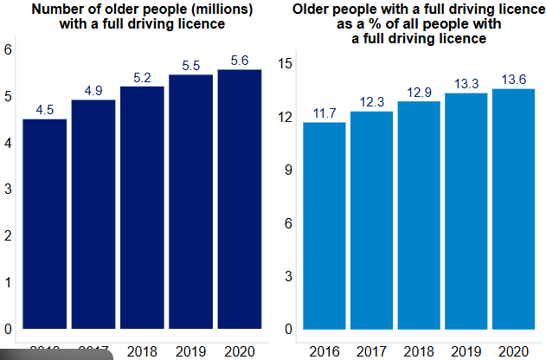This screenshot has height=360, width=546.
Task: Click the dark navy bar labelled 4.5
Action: (x=44, y=223)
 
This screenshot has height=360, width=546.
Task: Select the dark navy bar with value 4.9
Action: (x=93, y=214)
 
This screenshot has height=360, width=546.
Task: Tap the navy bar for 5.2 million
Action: (x=142, y=207)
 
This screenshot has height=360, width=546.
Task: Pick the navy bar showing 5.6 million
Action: (x=240, y=198)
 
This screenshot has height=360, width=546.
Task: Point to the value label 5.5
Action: (x=191, y=65)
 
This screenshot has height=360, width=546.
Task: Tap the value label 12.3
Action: (x=372, y=101)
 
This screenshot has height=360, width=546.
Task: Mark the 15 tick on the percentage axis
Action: (x=287, y=63)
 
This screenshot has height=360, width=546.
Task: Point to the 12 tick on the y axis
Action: (x=287, y=117)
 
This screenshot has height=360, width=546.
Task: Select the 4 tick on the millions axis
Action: (x=8, y=143)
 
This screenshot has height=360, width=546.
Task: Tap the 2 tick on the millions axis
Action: (x=8, y=236)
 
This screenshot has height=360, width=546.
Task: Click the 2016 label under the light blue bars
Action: (x=324, y=350)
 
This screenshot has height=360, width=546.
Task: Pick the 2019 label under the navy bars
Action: (x=191, y=350)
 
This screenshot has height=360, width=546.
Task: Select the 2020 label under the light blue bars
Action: (x=513, y=350)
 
